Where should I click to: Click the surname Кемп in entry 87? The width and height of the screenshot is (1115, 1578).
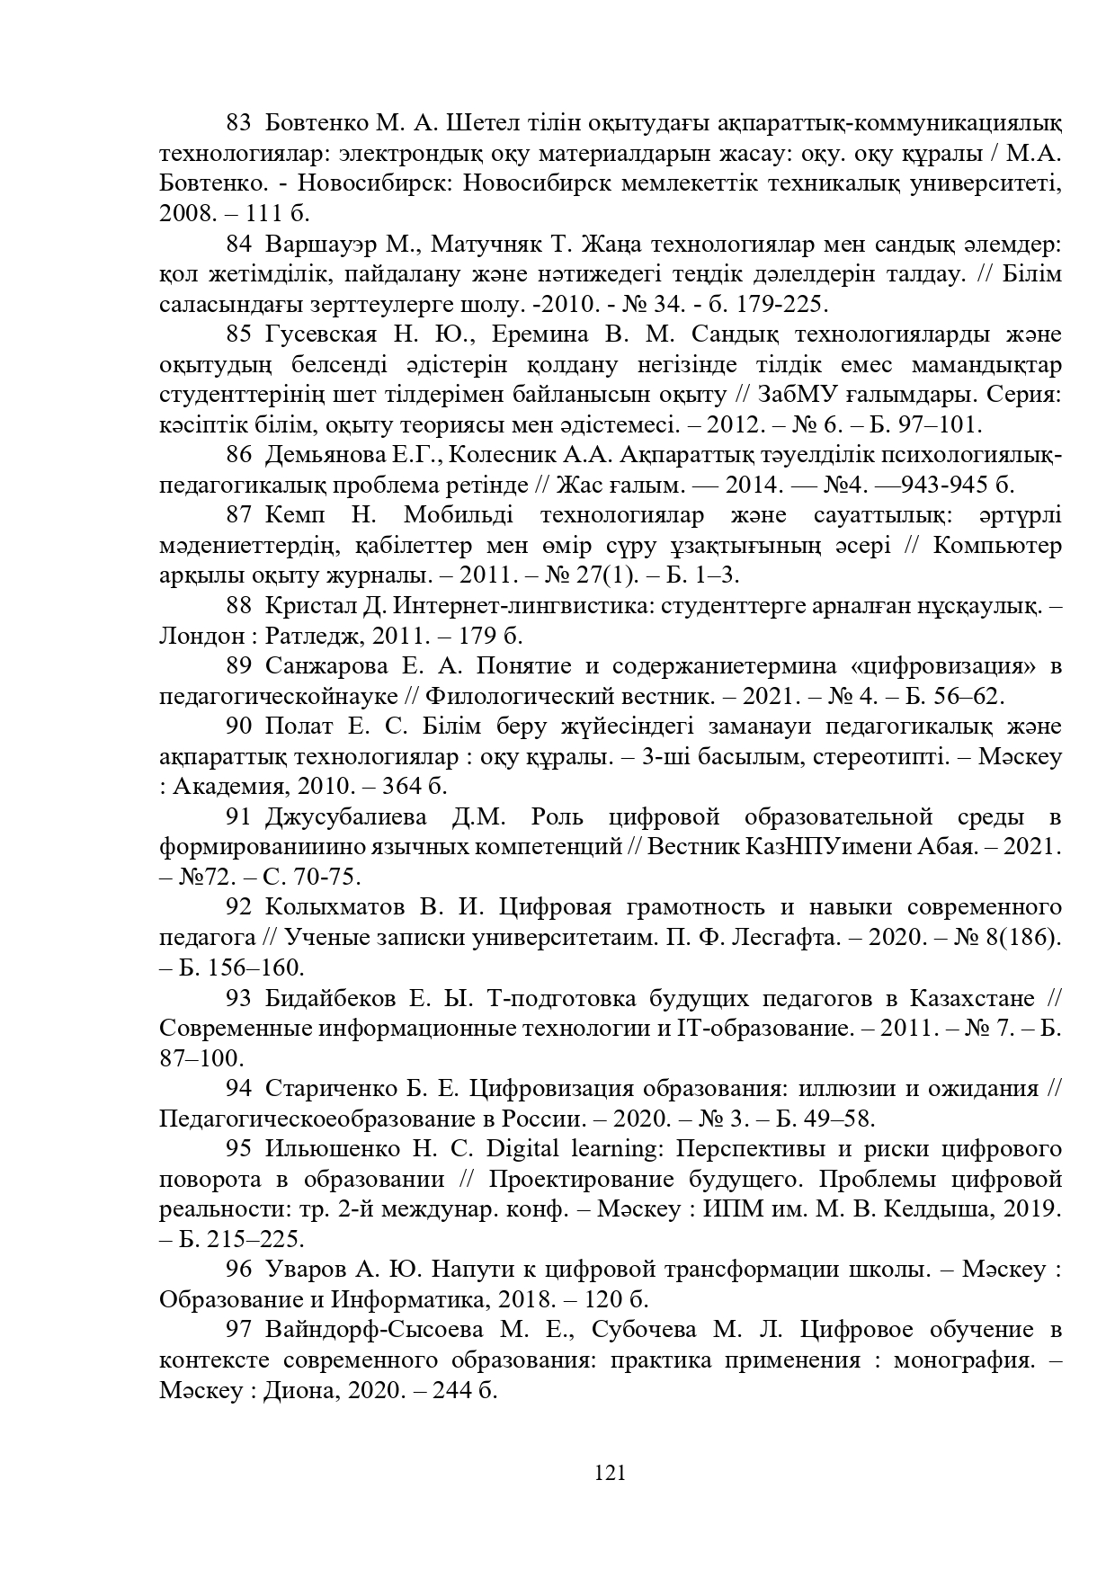coord(294,515)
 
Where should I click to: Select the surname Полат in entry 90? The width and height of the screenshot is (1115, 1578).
coord(295,727)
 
